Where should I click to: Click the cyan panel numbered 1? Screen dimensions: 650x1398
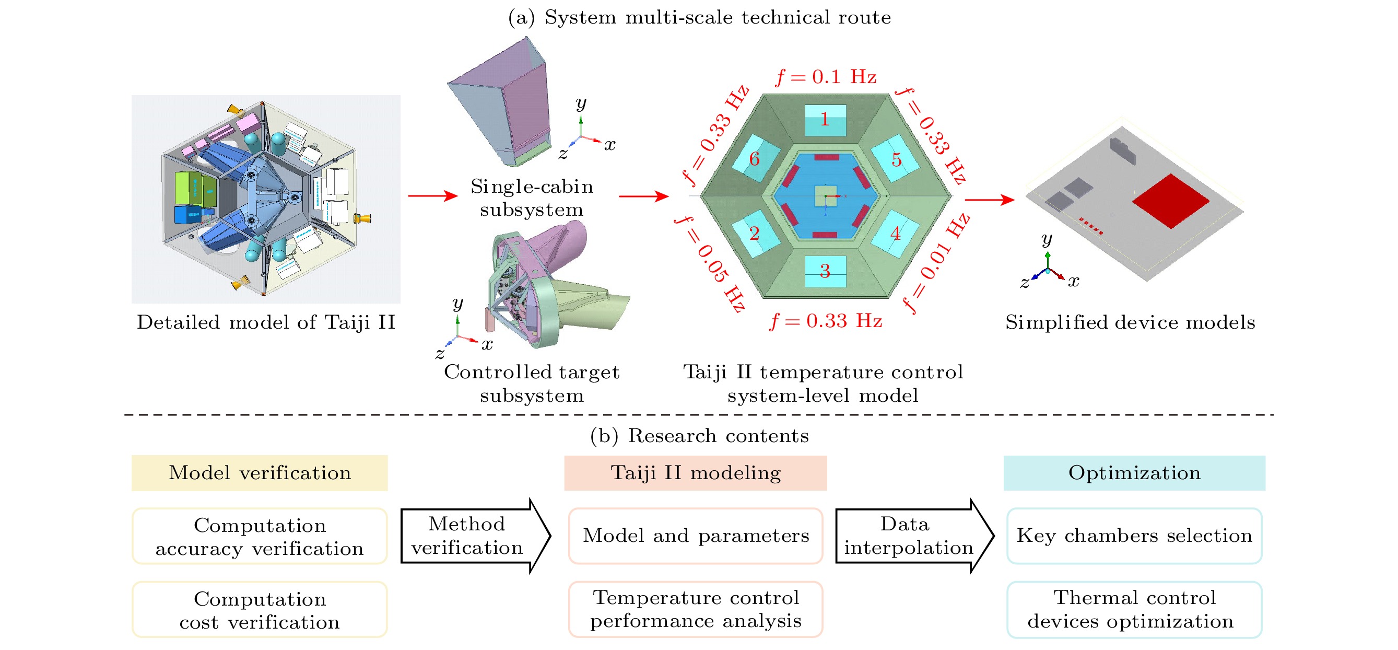point(825,120)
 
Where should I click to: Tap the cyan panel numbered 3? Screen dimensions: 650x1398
point(825,271)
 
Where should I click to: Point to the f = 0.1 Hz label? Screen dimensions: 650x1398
point(826,77)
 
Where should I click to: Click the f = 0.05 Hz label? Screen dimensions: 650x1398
point(710,263)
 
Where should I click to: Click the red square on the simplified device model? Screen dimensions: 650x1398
point(1171,200)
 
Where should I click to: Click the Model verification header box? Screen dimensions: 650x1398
point(260,473)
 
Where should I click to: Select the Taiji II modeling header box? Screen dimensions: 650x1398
point(695,473)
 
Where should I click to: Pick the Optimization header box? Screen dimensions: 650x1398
point(1134,473)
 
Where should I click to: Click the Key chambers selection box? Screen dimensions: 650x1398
point(1134,536)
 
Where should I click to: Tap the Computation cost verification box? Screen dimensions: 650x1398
point(260,610)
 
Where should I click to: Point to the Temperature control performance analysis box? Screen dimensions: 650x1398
point(695,609)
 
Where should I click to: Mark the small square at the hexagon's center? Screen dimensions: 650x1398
point(825,196)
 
